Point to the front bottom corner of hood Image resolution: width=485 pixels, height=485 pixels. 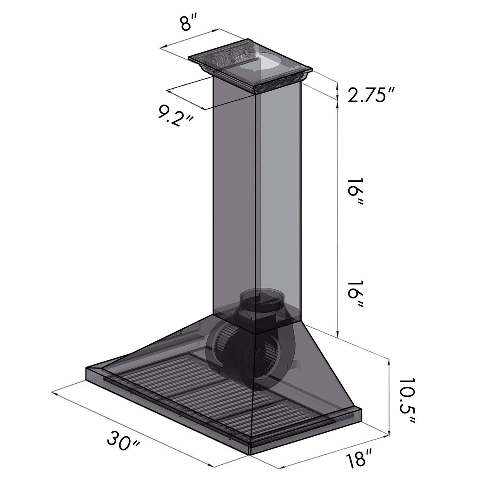pyautogui.click(x=250, y=453)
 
